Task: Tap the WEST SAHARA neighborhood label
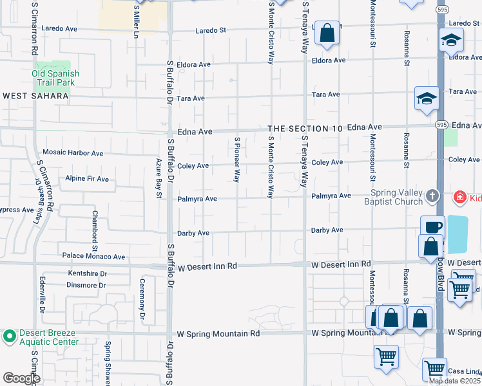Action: point(35,96)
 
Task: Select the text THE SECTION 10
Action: point(305,129)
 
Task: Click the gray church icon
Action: point(432,195)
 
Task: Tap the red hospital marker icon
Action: point(460,196)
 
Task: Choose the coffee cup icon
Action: point(432,227)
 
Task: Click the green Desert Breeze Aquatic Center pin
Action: point(10,336)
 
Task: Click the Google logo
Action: point(21,378)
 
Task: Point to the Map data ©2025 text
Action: point(455,381)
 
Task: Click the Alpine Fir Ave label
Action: point(87,179)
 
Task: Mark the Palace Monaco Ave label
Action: point(93,256)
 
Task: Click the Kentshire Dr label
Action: point(87,273)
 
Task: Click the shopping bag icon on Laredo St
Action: point(327,34)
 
